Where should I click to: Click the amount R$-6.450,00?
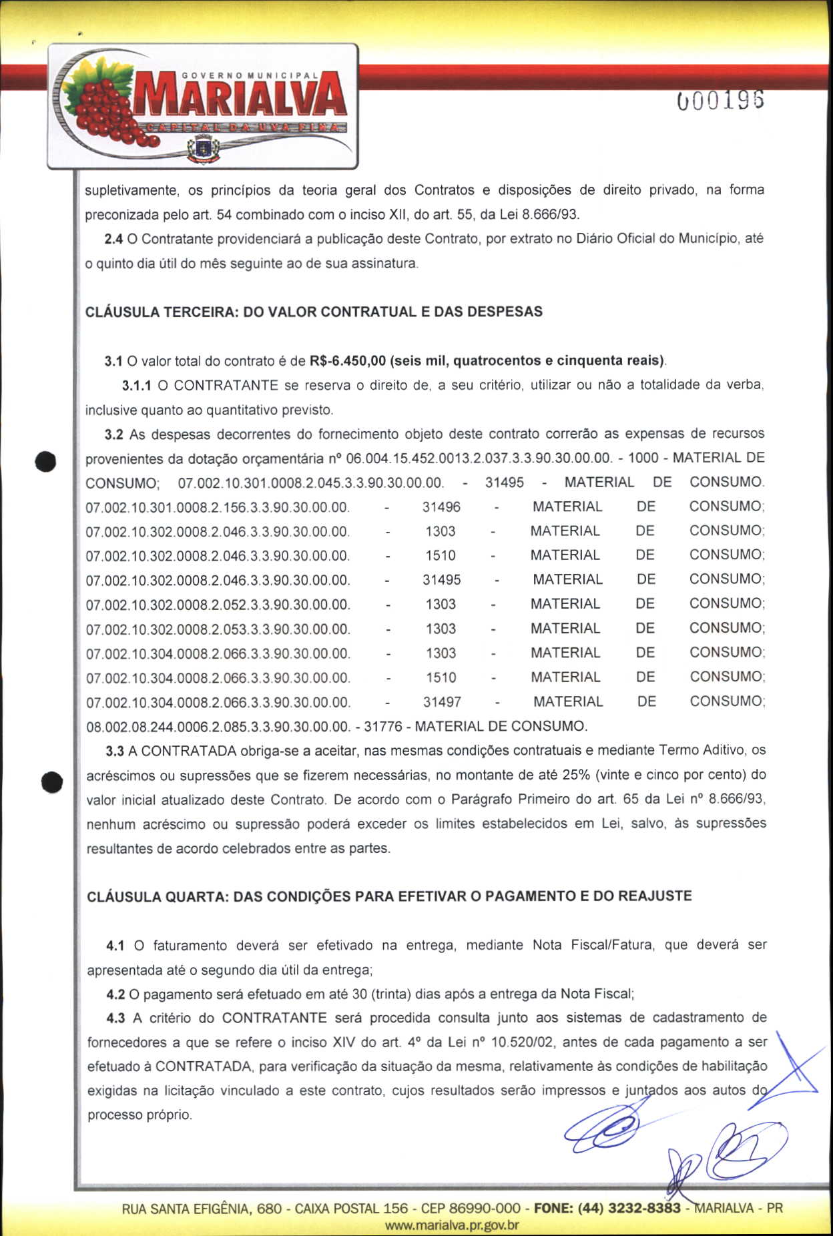tap(348, 361)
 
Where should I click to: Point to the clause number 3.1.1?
tap(136, 386)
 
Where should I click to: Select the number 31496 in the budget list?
tap(441, 507)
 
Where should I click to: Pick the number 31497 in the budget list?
tap(442, 702)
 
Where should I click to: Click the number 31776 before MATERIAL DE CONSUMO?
tap(383, 726)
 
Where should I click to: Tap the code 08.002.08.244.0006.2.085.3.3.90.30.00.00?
tap(218, 726)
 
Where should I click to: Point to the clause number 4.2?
tap(115, 994)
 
